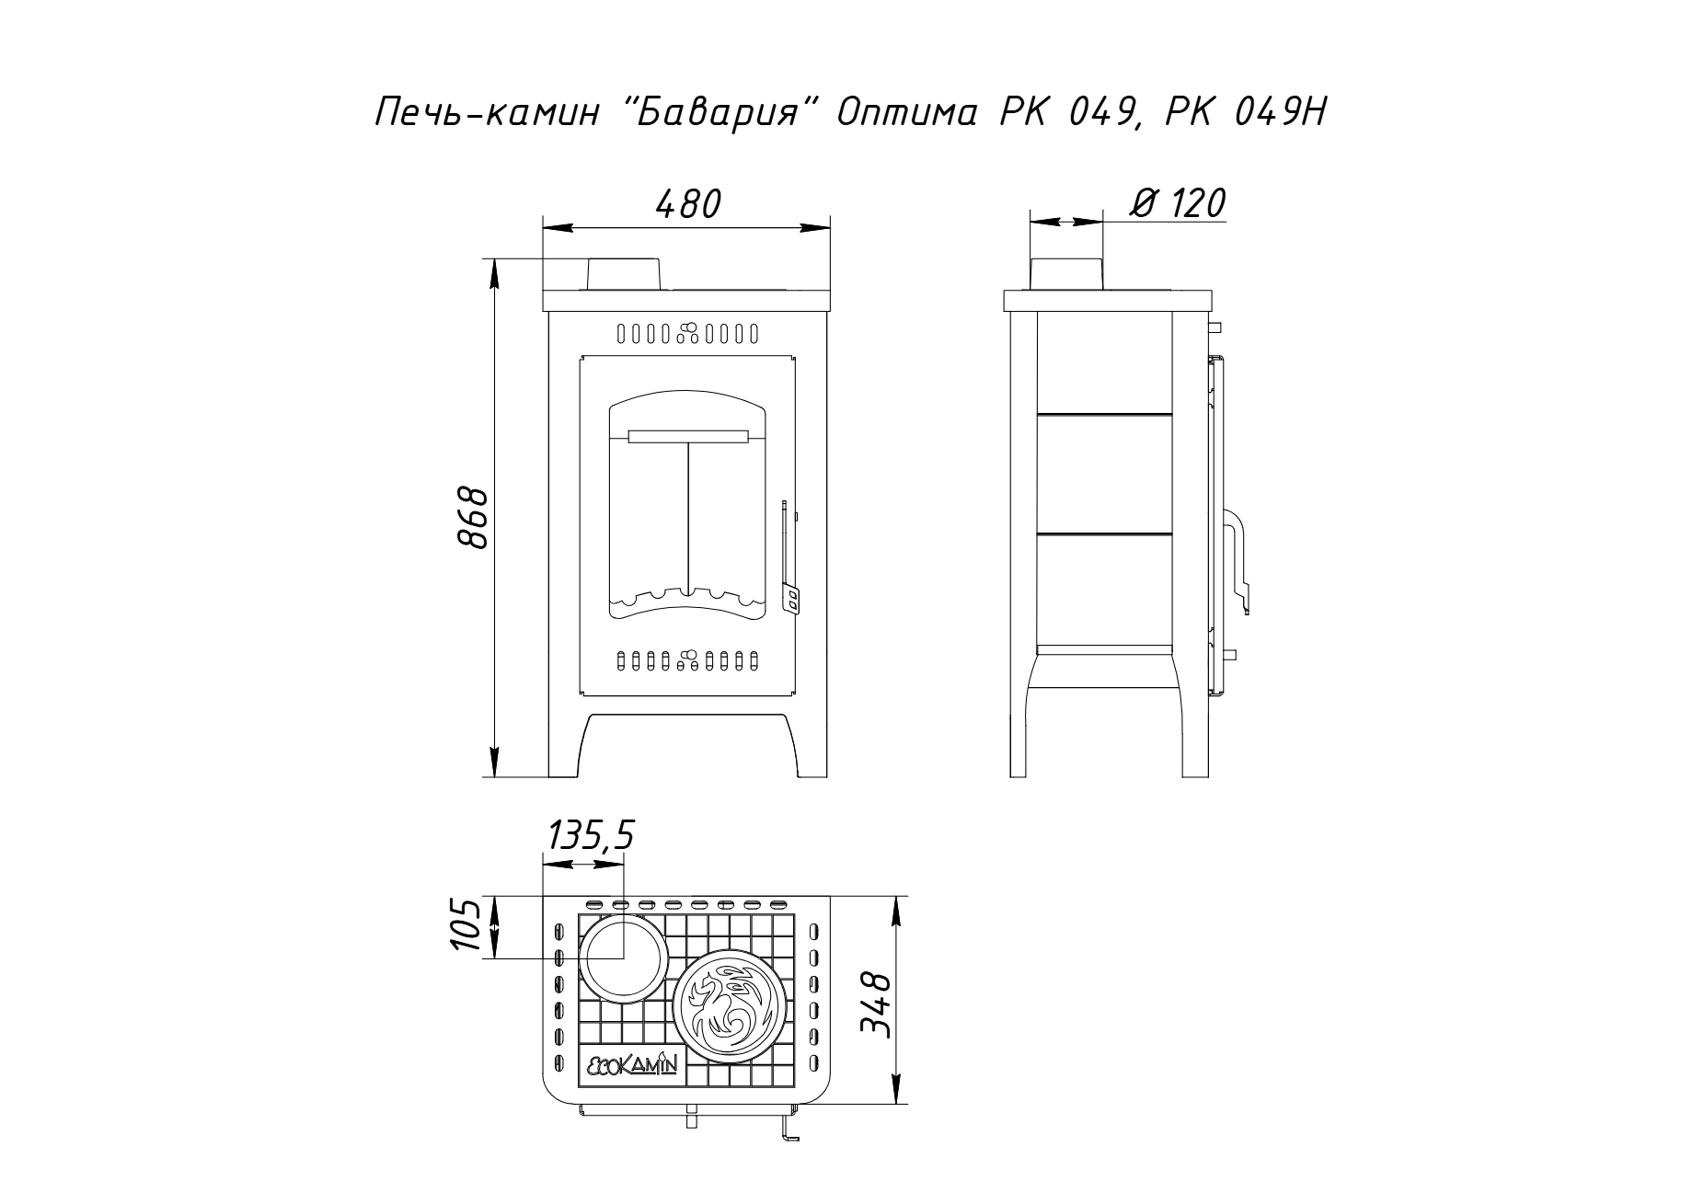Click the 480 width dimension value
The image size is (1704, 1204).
click(688, 204)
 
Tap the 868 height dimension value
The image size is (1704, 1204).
click(475, 518)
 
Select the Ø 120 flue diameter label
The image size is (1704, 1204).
click(1177, 203)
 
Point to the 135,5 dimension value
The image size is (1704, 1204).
click(591, 836)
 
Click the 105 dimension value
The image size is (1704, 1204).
click(467, 926)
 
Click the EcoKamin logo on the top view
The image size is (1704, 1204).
click(632, 1064)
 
